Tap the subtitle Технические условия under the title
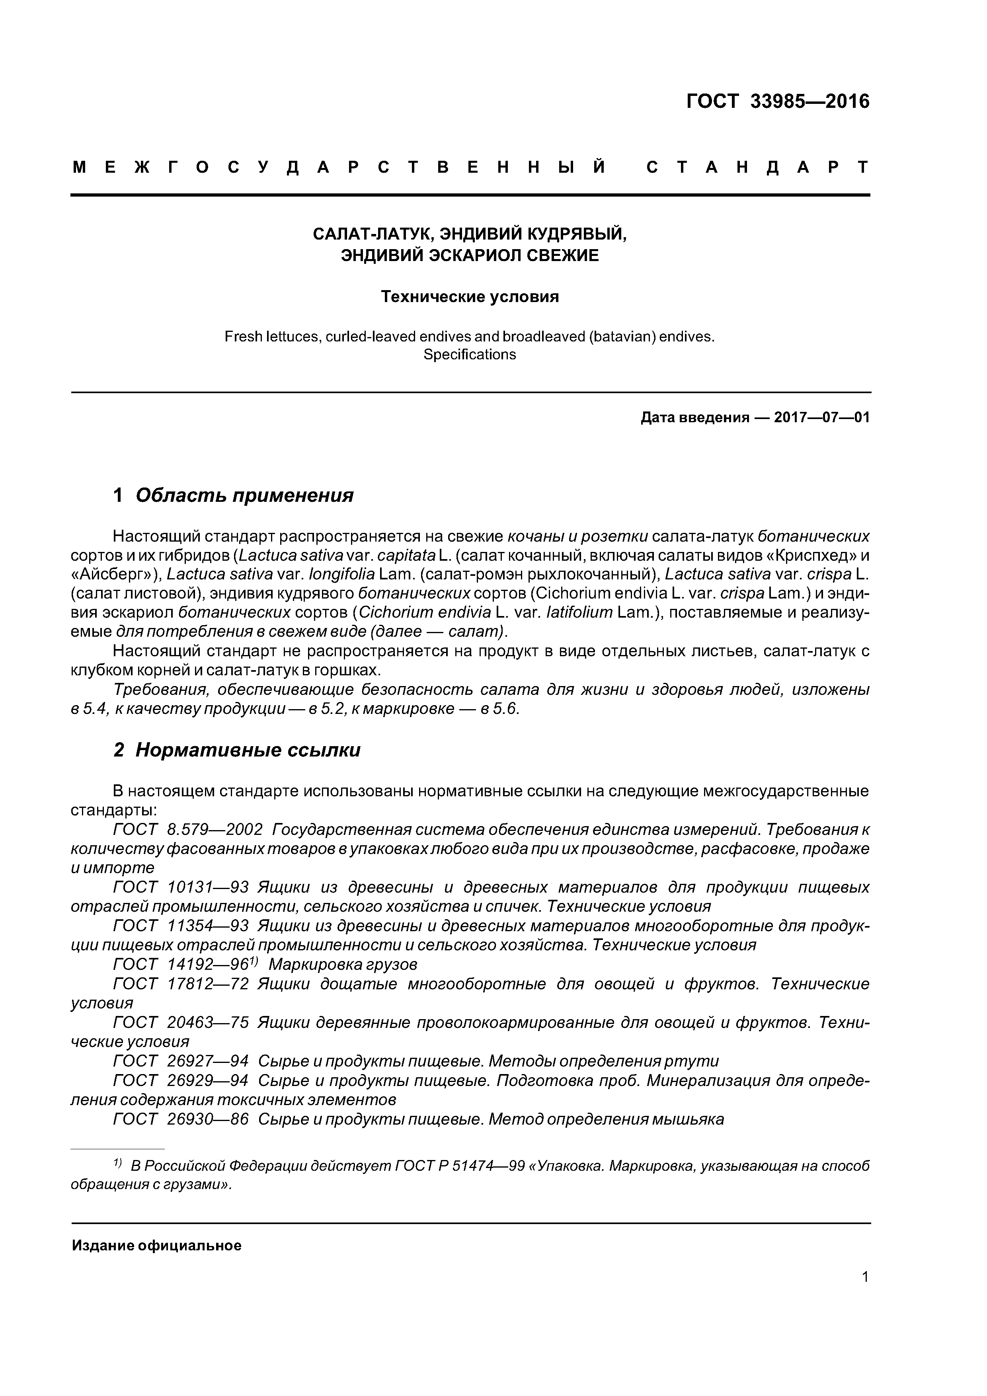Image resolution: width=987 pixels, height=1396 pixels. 470,297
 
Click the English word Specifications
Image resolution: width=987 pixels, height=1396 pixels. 470,355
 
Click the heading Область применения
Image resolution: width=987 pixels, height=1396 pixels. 244,495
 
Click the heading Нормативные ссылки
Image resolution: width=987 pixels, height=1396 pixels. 248,750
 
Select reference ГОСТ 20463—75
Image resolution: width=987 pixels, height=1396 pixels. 181,1023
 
